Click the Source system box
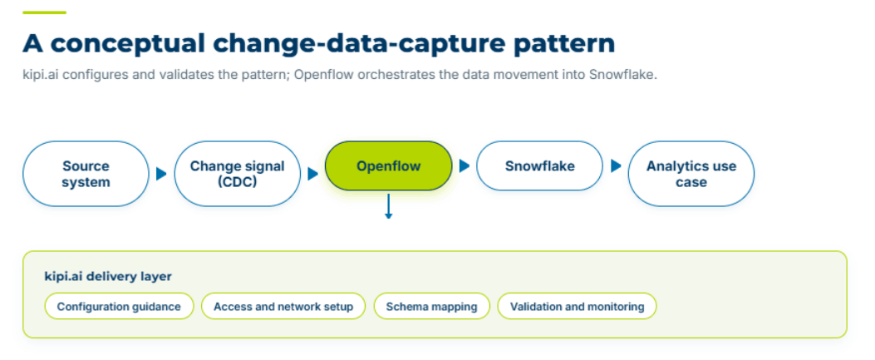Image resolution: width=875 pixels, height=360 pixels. point(86,174)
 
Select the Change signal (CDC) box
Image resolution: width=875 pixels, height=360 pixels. point(237,174)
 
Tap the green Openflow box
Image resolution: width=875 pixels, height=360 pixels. point(388,165)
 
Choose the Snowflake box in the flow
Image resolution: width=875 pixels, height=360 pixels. point(539,165)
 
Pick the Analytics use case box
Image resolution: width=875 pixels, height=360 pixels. point(691,174)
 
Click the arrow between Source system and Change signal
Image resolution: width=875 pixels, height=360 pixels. point(162,174)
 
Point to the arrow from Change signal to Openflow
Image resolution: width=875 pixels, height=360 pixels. point(313,174)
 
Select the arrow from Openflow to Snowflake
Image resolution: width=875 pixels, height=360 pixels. point(465,165)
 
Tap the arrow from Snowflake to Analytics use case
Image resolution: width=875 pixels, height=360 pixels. point(616,165)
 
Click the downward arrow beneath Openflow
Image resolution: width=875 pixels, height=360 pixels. point(388,206)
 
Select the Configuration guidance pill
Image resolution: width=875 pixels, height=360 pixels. point(119,307)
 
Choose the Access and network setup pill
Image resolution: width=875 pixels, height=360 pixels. point(283,307)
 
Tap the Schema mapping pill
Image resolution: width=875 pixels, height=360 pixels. point(431,307)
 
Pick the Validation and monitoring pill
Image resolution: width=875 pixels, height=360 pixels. point(577,307)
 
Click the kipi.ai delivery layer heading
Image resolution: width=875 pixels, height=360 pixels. point(108,276)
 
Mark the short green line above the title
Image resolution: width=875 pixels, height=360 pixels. point(45,12)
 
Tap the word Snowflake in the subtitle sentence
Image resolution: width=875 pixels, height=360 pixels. point(623,75)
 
